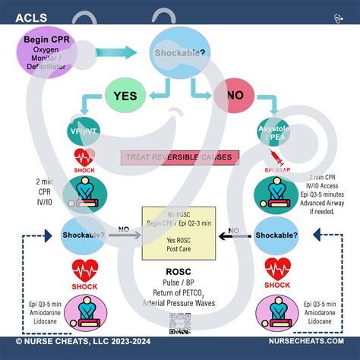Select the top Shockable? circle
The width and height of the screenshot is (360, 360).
[178, 53]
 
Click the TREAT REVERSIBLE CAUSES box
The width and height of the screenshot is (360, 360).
[179, 158]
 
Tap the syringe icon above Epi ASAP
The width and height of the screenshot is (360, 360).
[274, 157]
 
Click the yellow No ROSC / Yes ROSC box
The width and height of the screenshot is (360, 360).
[179, 232]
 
